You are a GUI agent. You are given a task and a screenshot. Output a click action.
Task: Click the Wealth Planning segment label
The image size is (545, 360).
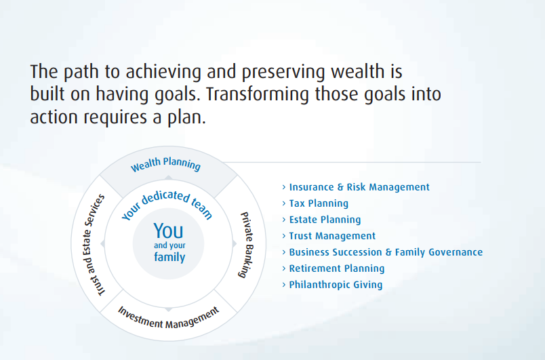click(x=166, y=164)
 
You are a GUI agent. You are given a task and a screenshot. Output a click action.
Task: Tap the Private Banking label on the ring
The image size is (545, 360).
click(x=247, y=245)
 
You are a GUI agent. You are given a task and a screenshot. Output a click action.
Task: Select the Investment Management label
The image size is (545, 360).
click(x=169, y=318)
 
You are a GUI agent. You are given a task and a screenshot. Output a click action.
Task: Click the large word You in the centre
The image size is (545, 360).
click(x=168, y=231)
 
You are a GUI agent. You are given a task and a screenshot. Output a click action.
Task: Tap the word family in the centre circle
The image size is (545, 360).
click(x=169, y=257)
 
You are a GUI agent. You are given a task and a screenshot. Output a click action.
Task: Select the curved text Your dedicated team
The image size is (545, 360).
click(x=167, y=204)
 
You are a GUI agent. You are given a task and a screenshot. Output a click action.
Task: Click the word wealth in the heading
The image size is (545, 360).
click(x=358, y=72)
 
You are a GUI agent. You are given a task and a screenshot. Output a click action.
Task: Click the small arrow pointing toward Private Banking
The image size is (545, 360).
click(x=235, y=243)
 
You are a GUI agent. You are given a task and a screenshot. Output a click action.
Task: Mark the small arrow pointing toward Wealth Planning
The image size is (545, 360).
click(x=168, y=178)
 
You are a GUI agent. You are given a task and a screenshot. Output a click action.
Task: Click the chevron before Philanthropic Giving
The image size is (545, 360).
click(x=283, y=285)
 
